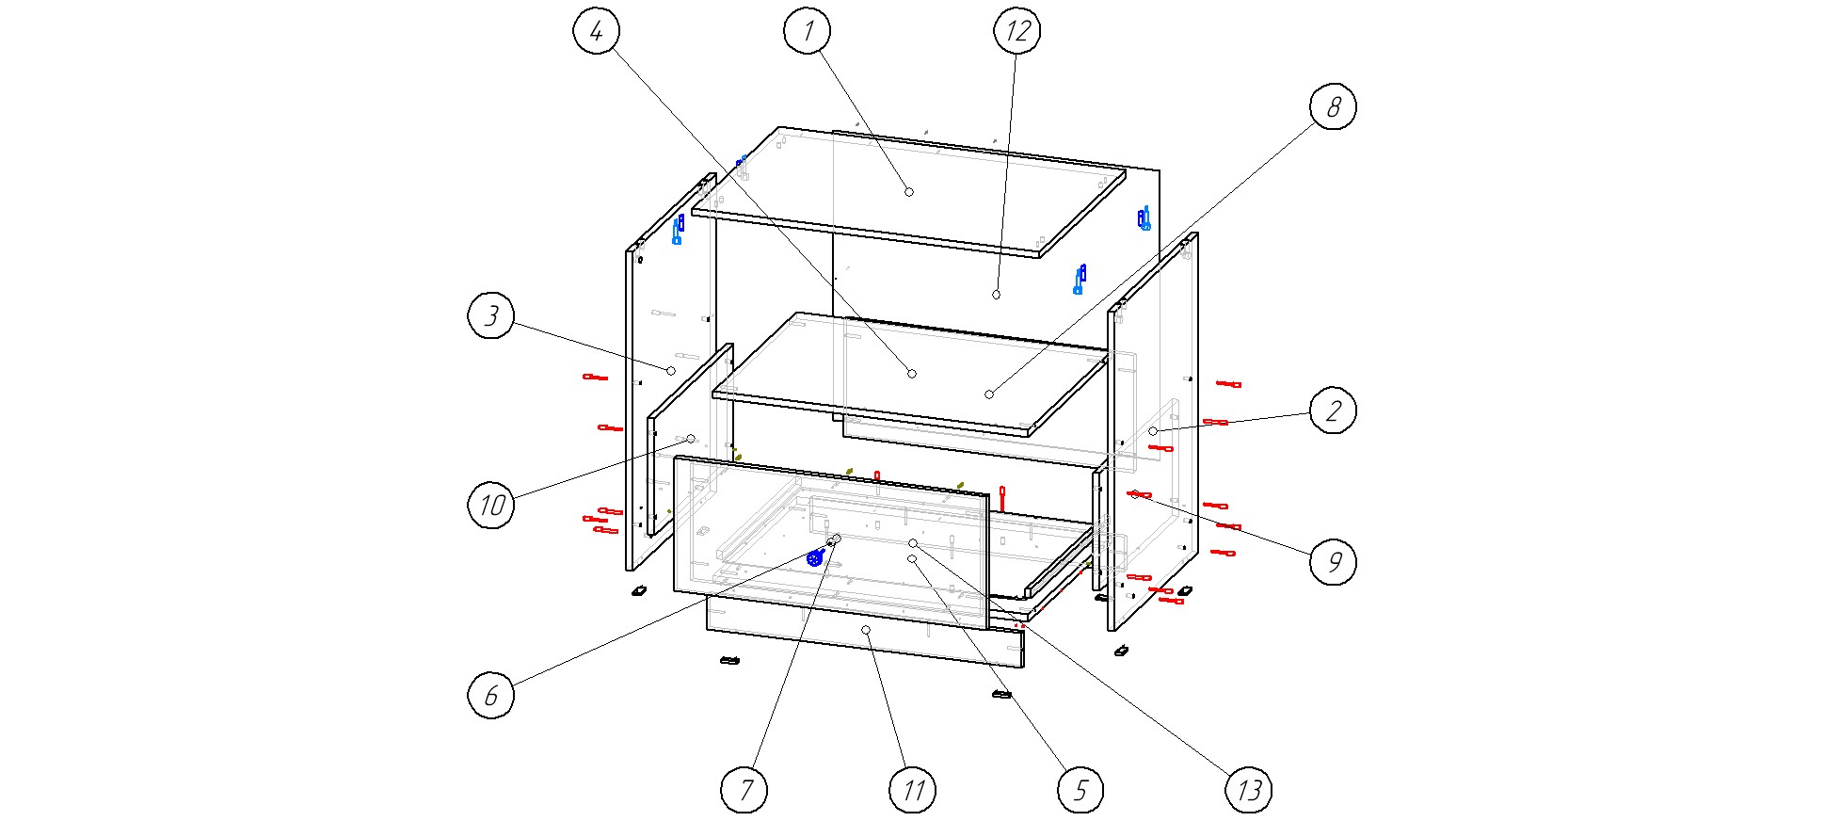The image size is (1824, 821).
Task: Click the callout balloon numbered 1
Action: (807, 31)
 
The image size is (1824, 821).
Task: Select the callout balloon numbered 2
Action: (1333, 410)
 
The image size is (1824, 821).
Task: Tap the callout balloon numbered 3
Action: (491, 315)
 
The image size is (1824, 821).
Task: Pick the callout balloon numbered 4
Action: (597, 31)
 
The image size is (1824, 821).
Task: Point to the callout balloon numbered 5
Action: (1080, 789)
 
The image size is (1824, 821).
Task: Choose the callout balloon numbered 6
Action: (491, 695)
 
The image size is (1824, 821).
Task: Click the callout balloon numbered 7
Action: (744, 789)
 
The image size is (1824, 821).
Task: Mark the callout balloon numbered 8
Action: (1333, 107)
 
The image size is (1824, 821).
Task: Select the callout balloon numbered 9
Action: (1333, 562)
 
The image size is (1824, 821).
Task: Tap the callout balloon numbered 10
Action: (491, 505)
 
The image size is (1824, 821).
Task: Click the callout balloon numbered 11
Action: (912, 789)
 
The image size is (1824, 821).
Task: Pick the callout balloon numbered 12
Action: (1017, 31)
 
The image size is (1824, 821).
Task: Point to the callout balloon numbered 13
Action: (1248, 789)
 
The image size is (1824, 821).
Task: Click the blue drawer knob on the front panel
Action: (816, 557)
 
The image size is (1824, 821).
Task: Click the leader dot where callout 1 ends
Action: (909, 192)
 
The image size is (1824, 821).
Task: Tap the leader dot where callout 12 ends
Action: (996, 295)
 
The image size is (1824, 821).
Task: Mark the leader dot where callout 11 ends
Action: (866, 630)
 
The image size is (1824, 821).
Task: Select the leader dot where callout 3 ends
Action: (671, 371)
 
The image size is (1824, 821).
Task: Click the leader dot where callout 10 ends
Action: (691, 439)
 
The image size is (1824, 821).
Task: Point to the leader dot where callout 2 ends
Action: (1153, 431)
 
